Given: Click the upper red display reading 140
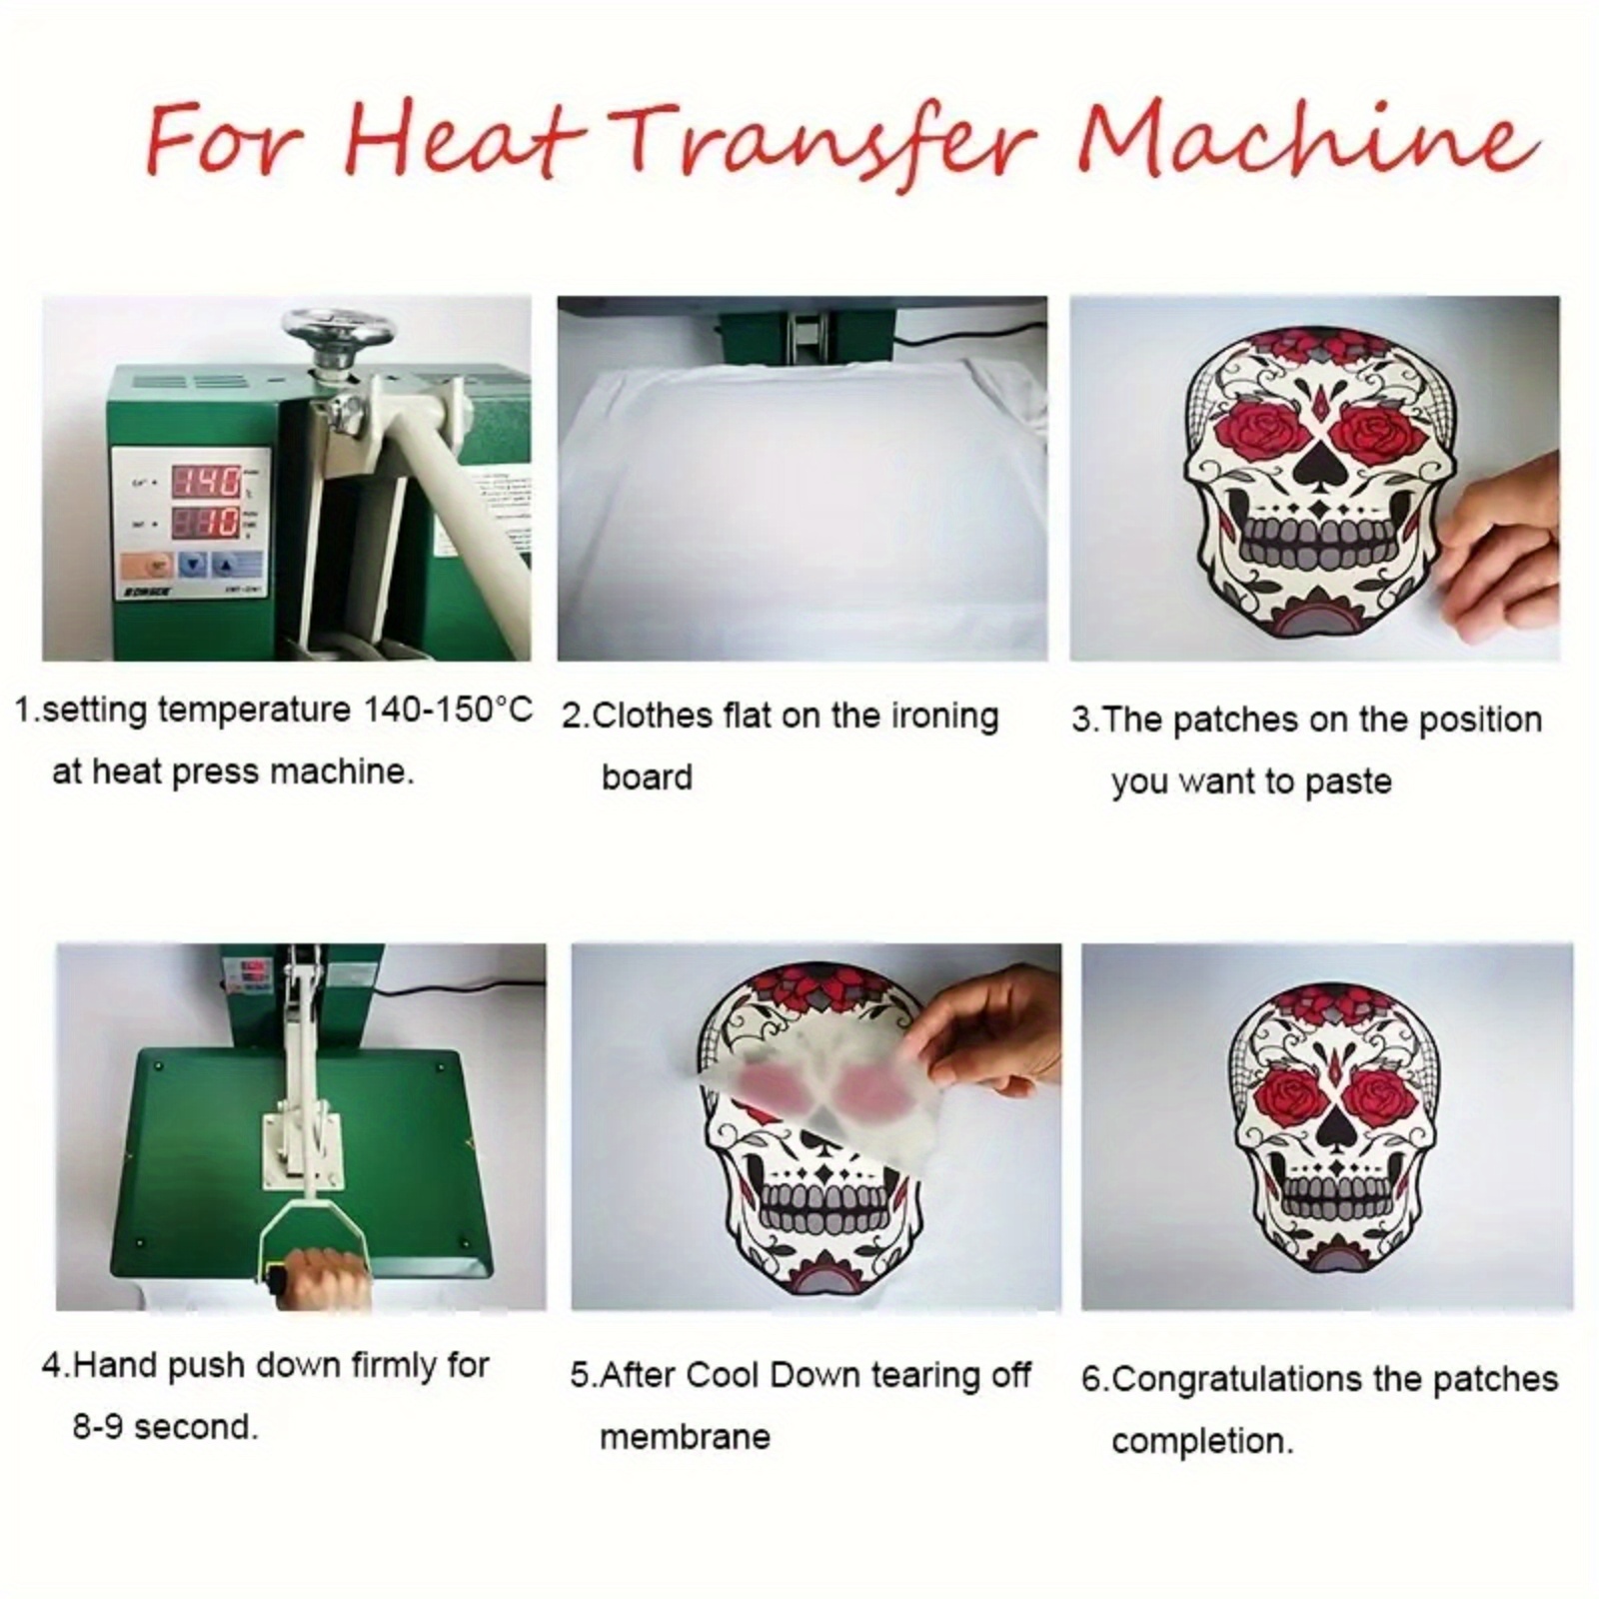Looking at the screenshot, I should point(207,483).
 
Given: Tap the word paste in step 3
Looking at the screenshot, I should point(1347,782).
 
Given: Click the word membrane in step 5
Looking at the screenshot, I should point(685,1438).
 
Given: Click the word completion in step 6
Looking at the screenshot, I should point(1201,1442).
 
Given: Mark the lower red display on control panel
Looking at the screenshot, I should point(207,522).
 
